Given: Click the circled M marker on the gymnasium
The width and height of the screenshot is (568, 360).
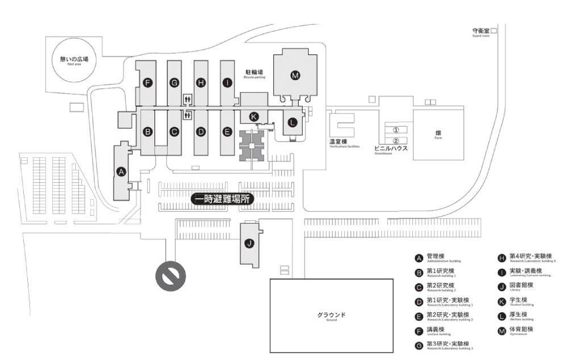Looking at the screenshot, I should [294, 75].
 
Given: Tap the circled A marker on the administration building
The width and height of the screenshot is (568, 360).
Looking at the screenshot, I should [120, 171].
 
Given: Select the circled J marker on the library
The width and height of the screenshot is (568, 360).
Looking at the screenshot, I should [248, 244].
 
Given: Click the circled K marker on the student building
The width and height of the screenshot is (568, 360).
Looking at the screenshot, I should [254, 116].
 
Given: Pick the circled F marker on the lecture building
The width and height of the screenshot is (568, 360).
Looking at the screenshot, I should [148, 83].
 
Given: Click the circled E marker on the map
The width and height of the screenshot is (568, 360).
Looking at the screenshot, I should [227, 132].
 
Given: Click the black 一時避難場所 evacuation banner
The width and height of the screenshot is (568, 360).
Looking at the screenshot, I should [222, 199].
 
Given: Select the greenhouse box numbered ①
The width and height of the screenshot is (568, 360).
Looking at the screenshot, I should [396, 129].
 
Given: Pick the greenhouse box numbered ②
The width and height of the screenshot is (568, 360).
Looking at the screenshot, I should [396, 140].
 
